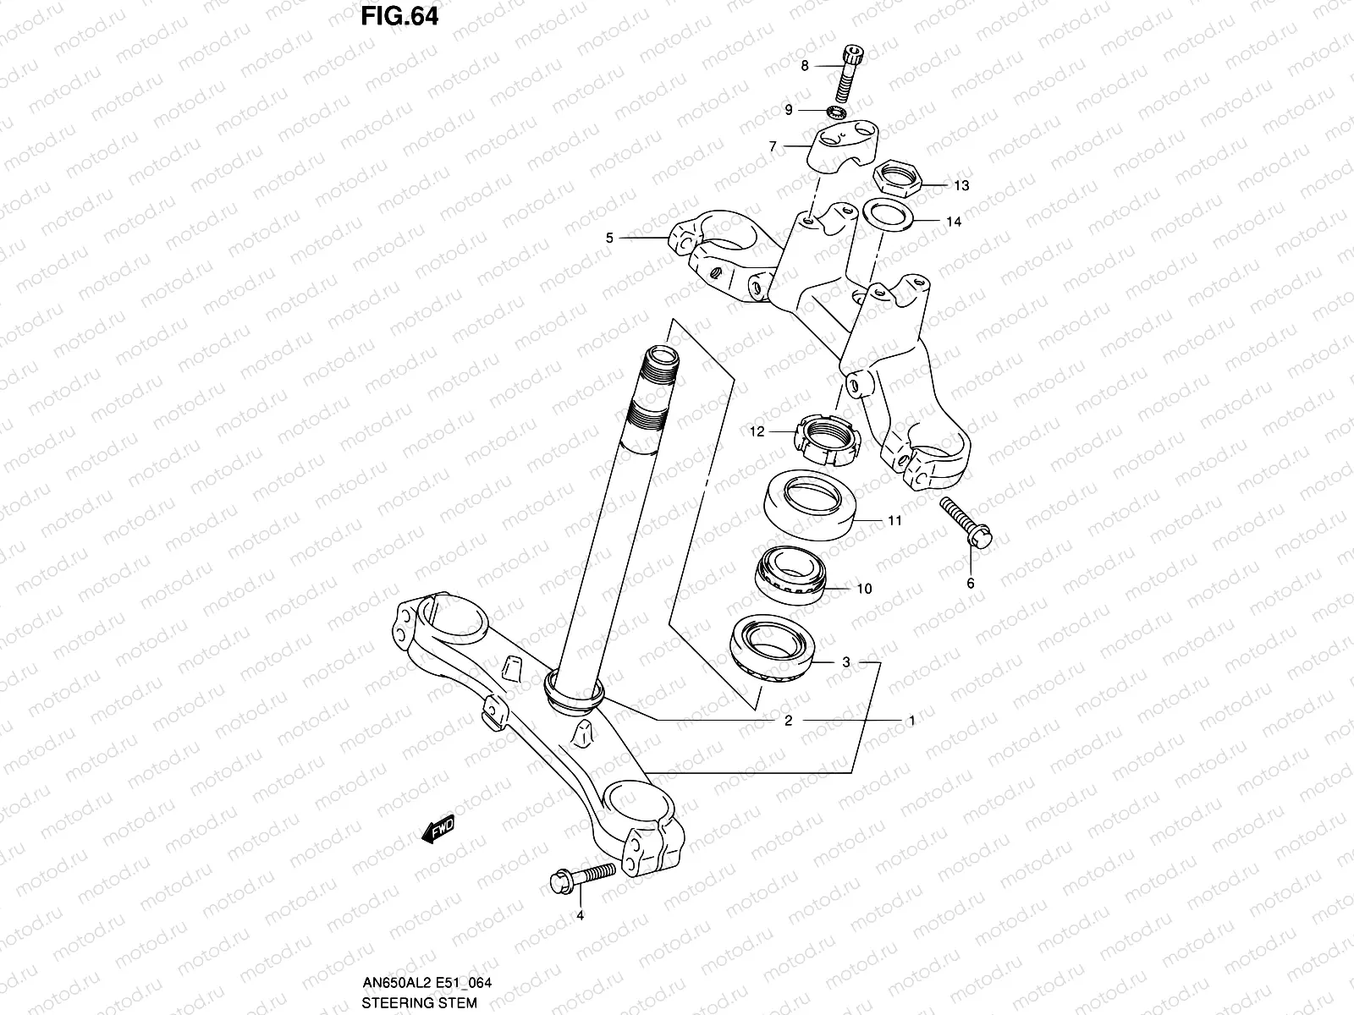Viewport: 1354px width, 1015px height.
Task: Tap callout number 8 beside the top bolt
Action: (805, 65)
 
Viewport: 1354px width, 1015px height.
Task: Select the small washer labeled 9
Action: (838, 111)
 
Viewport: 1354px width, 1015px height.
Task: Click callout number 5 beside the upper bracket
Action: (609, 239)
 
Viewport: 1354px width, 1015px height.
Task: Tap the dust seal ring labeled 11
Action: (811, 505)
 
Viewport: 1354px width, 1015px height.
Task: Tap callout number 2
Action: (788, 721)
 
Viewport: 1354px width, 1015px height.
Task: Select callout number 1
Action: (911, 721)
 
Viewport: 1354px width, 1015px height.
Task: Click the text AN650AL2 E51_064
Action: (427, 983)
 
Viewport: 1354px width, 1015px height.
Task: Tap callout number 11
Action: (894, 521)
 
